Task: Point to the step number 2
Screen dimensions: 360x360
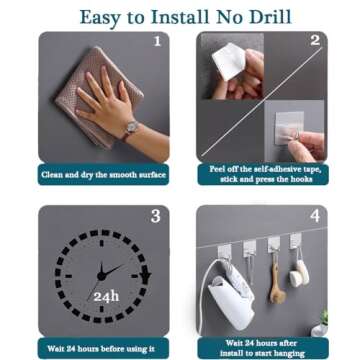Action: (313, 42)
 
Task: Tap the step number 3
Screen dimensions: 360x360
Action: (155, 216)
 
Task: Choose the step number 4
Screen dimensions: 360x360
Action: (313, 216)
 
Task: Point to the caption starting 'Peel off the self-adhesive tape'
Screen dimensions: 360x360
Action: (264, 174)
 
